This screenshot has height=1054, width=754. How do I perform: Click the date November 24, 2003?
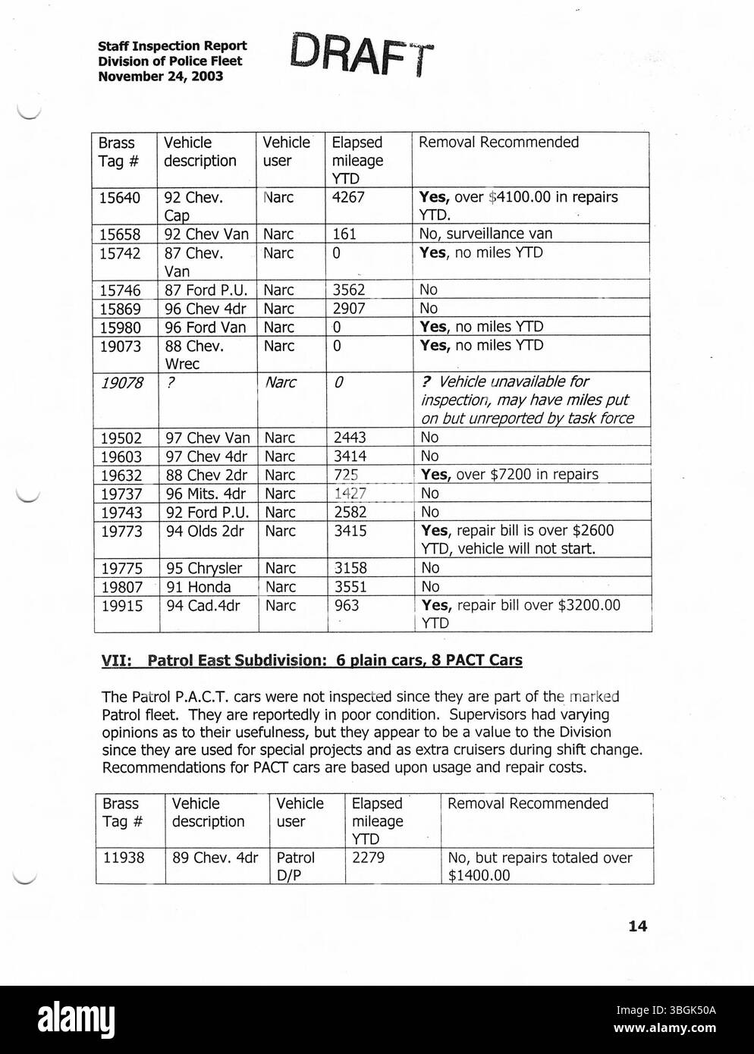click(x=160, y=77)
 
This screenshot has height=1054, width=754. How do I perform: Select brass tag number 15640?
click(x=120, y=198)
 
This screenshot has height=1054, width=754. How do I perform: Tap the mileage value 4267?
click(x=348, y=198)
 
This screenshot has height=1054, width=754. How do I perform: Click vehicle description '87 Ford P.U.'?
click(x=206, y=290)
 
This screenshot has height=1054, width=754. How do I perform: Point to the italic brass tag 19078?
click(x=121, y=384)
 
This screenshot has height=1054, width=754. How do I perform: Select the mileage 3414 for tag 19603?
click(x=350, y=456)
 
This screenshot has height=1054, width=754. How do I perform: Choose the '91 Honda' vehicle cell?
click(x=199, y=587)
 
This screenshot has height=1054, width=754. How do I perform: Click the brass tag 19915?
click(x=121, y=606)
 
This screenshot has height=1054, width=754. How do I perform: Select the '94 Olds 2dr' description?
click(x=205, y=532)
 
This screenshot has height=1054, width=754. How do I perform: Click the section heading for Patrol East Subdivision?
click(x=312, y=660)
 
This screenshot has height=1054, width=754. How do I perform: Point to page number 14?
click(x=638, y=926)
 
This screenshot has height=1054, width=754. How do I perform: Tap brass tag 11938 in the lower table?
click(x=124, y=858)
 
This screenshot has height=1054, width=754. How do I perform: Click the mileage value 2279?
click(x=368, y=858)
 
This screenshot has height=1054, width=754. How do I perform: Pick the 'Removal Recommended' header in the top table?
click(x=498, y=143)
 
